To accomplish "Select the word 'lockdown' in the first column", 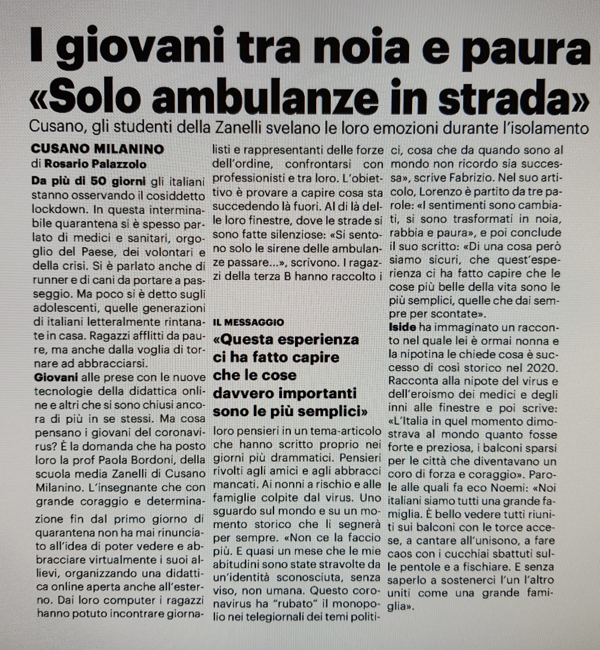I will coord(56,209).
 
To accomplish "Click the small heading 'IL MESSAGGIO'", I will coord(248,322).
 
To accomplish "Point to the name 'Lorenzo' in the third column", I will coord(441,192).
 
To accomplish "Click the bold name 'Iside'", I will coord(402,327).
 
